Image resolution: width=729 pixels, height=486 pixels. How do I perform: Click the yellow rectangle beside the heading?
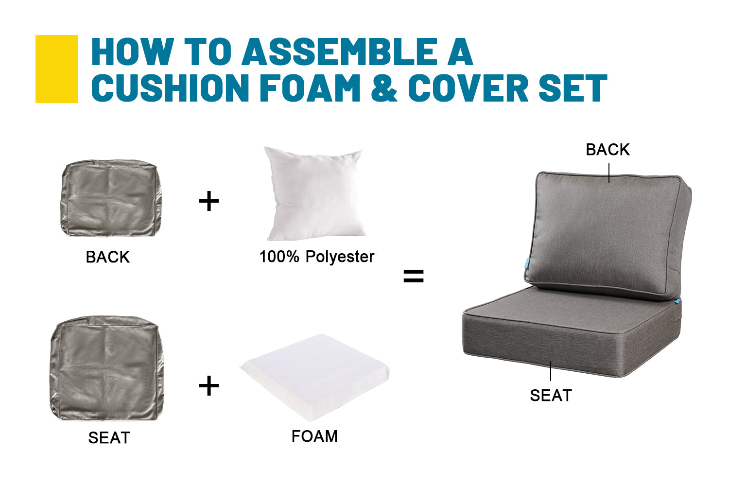pos(57,69)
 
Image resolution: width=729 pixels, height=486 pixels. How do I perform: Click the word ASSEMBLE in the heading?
pos(339,52)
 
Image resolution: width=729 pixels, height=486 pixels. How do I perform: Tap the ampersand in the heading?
pos(384,88)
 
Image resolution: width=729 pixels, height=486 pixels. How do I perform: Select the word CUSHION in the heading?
pos(170,88)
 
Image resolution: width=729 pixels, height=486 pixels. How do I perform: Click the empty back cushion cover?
pos(111,198)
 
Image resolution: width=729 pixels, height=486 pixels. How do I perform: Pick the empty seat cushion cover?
pos(107,368)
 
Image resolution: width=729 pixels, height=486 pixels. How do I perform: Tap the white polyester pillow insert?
pos(315,194)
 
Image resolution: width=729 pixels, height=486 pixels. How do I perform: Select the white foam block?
pos(315,377)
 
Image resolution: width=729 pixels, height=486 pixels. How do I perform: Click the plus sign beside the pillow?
pos(209,201)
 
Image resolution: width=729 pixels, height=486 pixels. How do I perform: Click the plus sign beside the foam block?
pos(209,386)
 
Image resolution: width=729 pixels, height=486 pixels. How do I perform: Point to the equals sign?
pos(413,276)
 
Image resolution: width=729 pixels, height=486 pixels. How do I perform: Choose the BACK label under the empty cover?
pos(108,257)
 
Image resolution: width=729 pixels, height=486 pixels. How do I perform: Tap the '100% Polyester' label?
pos(317,257)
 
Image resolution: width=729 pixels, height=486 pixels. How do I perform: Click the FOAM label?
pos(315,436)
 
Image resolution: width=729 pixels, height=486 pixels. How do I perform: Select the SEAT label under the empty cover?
pos(109,438)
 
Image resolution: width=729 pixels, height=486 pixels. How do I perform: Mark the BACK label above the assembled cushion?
pos(608,150)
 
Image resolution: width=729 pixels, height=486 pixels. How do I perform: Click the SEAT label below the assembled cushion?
pos(551,396)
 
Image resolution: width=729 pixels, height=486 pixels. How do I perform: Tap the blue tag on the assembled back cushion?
pos(527,263)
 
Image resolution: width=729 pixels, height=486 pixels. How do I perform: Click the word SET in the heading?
pos(573,88)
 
